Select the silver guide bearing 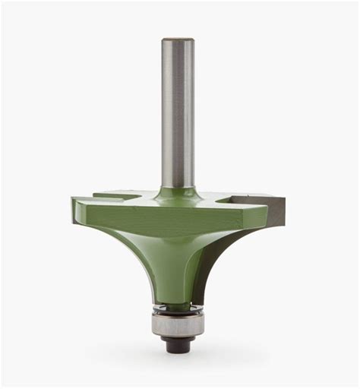[x=180, y=326]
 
